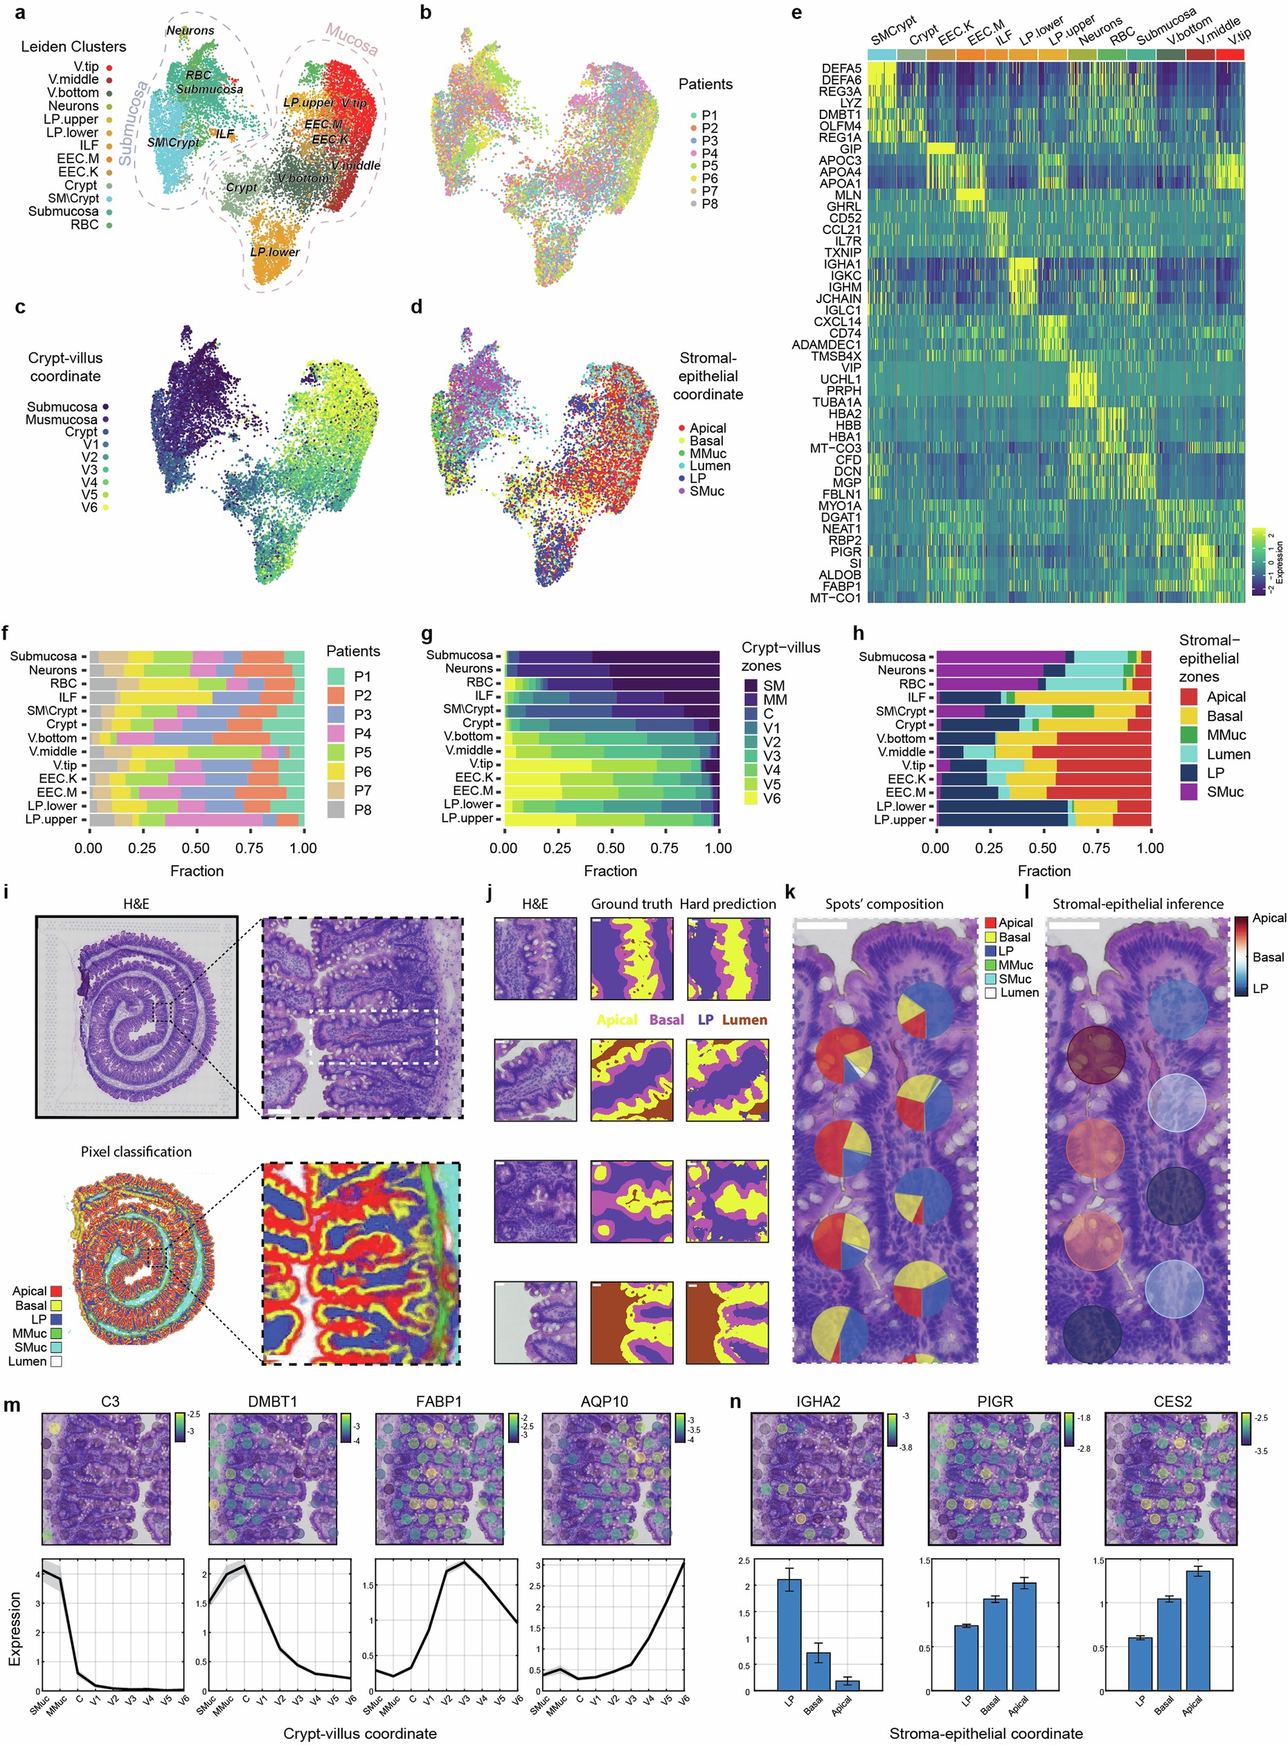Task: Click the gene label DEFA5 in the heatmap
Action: point(841,69)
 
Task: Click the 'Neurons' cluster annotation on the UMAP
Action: point(190,30)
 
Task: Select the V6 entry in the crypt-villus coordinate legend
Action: point(89,507)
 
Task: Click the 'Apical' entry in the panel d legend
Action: point(707,428)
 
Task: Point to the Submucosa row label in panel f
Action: point(44,656)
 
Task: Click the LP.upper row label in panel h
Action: point(900,820)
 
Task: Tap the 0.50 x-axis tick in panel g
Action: point(611,848)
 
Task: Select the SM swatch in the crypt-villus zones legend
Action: point(751,685)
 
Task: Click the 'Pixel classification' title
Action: point(136,1152)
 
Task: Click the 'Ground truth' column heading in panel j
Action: point(631,904)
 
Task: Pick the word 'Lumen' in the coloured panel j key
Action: point(744,1020)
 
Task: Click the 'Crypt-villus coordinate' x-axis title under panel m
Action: point(359,1733)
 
